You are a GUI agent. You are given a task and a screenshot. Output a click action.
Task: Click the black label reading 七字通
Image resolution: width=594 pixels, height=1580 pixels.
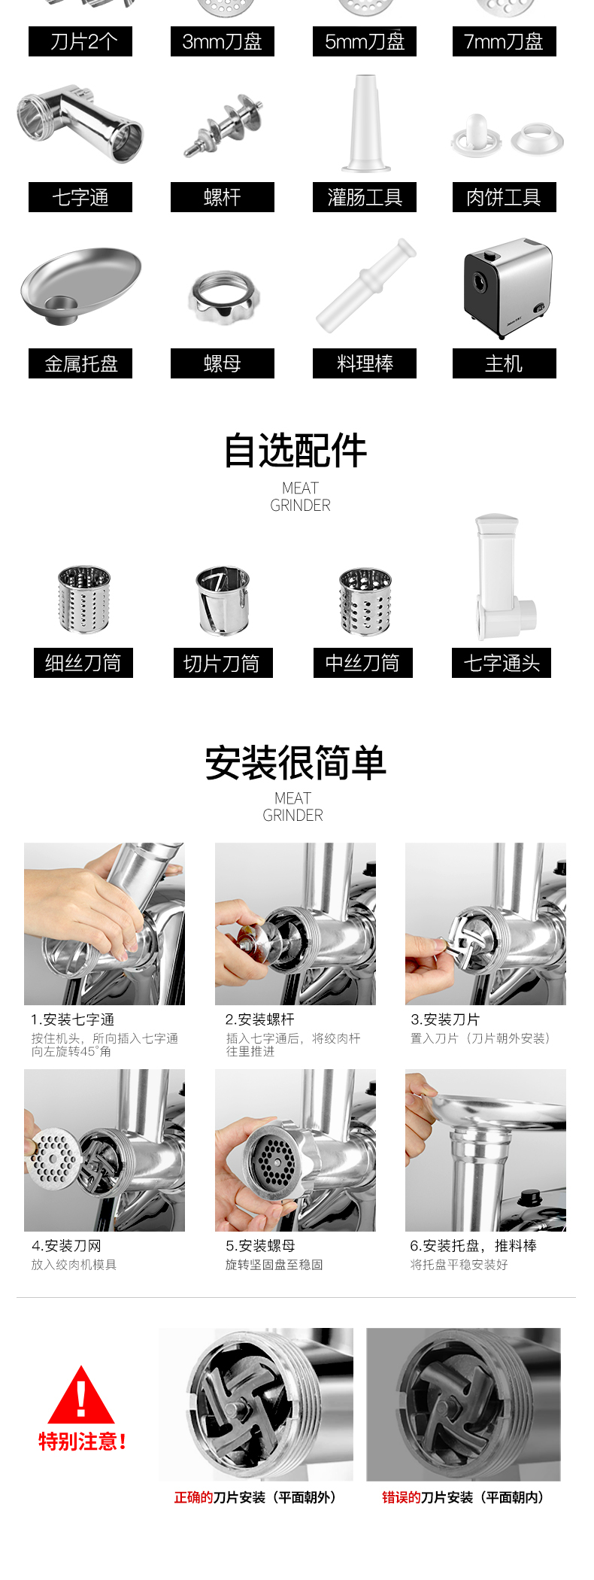click(80, 197)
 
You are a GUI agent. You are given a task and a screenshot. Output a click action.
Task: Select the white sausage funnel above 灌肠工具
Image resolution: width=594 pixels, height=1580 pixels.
click(365, 123)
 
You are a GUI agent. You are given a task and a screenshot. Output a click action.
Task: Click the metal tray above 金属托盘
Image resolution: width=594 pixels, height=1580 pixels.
click(81, 285)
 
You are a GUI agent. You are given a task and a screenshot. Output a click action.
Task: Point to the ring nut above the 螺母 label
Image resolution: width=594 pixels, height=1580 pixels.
click(223, 297)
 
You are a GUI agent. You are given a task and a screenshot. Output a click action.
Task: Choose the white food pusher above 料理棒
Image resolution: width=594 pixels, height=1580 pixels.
click(365, 285)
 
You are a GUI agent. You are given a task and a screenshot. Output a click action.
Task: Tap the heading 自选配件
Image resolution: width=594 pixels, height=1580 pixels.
click(295, 451)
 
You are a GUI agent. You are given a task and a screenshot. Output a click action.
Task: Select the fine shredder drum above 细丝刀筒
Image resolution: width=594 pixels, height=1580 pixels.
click(84, 600)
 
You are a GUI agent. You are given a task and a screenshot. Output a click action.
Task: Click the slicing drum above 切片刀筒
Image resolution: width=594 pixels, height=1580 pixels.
click(223, 600)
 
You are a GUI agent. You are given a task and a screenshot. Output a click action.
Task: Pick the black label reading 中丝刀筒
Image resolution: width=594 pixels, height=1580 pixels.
click(363, 663)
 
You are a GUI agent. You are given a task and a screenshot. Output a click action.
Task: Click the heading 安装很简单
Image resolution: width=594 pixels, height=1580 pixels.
click(295, 763)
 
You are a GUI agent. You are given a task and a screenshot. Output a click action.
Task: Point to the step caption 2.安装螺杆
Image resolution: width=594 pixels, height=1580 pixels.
click(260, 1019)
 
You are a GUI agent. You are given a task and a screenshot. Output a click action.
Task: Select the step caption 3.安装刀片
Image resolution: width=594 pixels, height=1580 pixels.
click(445, 1019)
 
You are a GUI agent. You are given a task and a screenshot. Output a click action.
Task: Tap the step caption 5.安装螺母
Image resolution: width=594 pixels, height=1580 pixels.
click(260, 1246)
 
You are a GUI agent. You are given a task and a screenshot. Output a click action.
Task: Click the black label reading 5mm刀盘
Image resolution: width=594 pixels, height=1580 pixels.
click(365, 41)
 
